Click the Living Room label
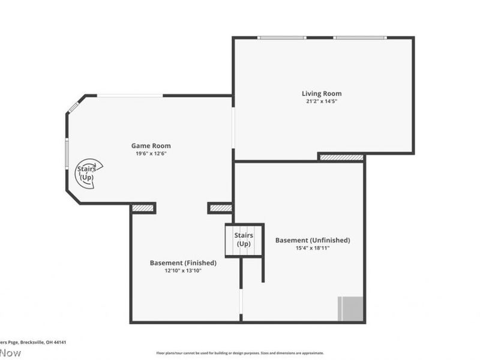(322, 94)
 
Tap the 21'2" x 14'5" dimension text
(322, 101)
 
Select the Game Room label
(151, 146)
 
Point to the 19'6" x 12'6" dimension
(151, 154)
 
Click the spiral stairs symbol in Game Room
(88, 174)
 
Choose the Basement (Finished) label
(183, 263)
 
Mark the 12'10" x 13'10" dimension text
(183, 271)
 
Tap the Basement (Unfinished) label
(313, 240)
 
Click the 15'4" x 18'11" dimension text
(313, 248)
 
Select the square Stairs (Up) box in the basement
(244, 240)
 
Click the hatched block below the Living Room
(341, 158)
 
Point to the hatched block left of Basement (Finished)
(143, 208)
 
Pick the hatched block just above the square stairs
(220, 208)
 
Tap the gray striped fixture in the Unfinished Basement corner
(351, 309)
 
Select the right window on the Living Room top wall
(360, 38)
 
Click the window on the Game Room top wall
(130, 95)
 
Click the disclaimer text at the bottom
(240, 353)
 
